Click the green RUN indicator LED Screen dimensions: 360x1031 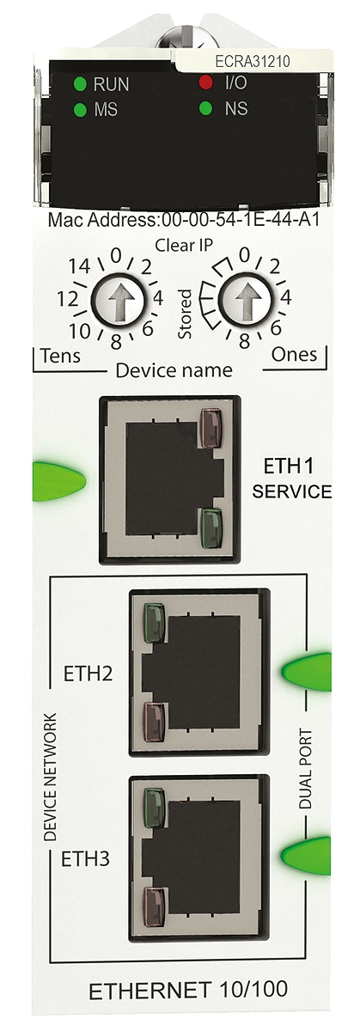pos(80,84)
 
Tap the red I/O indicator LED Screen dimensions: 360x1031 pos(205,82)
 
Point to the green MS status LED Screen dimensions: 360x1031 pos(80,110)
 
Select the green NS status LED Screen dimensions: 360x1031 pos(205,109)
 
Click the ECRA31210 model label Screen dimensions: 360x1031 pos(253,61)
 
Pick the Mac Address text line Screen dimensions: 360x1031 pos(183,221)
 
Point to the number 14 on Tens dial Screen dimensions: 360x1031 pos(80,266)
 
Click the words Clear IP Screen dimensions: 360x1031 pos(184,246)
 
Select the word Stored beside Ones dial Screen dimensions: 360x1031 pos(185,314)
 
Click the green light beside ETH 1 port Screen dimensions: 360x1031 pos(59,481)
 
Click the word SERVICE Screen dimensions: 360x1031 pos(291,491)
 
